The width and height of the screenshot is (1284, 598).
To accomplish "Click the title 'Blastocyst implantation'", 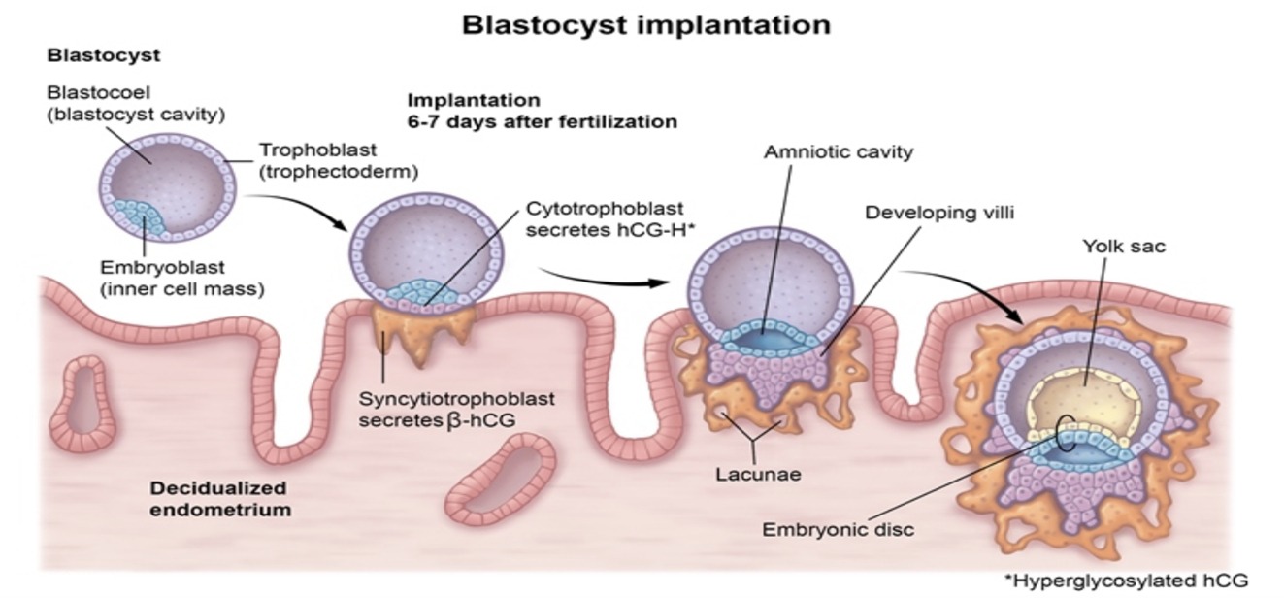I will [645, 24].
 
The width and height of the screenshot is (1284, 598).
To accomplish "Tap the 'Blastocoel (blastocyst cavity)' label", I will [136, 104].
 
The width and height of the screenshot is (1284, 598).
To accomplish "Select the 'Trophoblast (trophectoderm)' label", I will [338, 161].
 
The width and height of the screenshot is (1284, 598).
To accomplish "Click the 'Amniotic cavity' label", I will [838, 152].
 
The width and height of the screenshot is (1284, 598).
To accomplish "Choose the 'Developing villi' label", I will [938, 212].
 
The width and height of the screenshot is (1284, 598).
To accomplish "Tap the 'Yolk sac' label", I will [1123, 247].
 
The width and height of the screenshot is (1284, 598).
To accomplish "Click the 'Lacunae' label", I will [758, 475].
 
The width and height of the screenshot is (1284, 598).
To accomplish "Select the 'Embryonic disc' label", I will [838, 530].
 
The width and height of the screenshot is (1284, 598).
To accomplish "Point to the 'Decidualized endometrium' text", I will [220, 498].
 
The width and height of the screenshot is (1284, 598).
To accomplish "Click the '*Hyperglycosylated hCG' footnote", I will [1125, 581].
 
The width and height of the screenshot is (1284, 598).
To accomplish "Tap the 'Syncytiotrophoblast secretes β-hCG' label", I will [456, 409].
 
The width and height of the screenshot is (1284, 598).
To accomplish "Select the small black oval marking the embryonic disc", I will [1065, 433].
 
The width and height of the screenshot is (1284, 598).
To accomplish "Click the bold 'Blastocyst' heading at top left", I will [103, 55].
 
